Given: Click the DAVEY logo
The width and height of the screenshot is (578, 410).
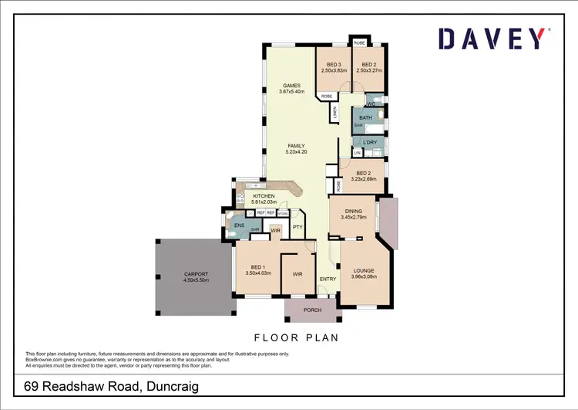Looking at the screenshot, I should point(493,39).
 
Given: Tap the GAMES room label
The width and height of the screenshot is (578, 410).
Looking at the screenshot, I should point(291,86).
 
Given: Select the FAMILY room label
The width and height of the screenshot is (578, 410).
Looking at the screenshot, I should point(297,146).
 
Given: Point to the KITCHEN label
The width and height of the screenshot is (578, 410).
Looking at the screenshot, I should point(264,196).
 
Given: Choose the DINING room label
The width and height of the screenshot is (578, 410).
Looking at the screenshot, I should point(353,211).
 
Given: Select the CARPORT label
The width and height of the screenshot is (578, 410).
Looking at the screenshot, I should point(196,274).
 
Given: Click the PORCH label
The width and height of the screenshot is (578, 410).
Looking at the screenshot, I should point(312,310).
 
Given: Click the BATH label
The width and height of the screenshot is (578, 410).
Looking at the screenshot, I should point(365,117).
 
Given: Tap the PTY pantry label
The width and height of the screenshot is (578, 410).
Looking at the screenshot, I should point(297,227).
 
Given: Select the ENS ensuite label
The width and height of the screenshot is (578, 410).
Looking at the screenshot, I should point(240,225).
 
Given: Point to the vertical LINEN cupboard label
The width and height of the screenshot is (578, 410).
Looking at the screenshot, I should point(336,113).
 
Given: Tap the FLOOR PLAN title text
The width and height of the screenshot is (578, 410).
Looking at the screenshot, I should point(296,337).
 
